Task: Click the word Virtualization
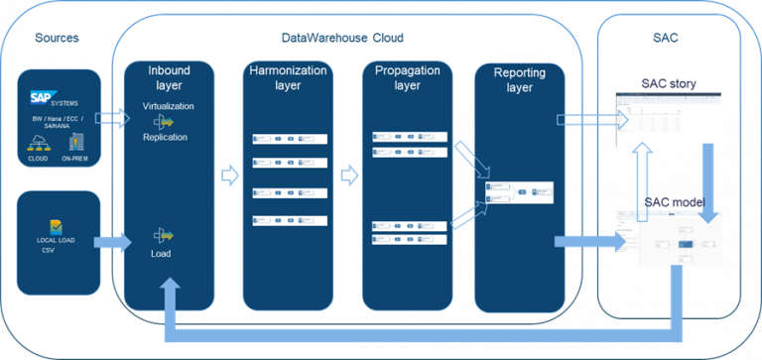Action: (x=168, y=105)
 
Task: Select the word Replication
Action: (x=165, y=137)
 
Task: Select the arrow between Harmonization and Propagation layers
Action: (x=347, y=177)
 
